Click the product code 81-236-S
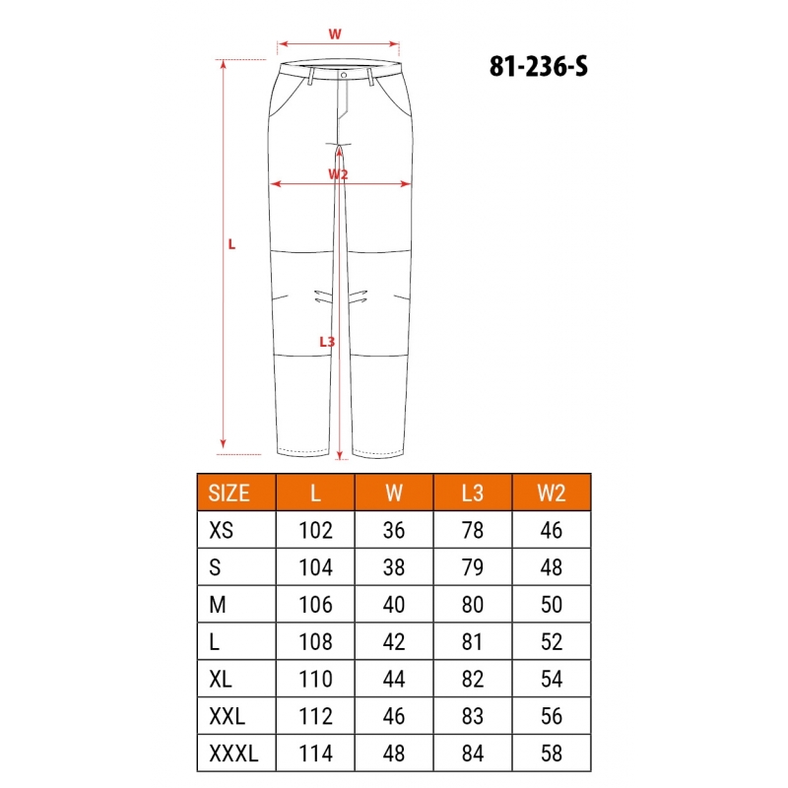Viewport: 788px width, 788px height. pyautogui.click(x=538, y=66)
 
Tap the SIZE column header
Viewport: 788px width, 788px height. pyautogui.click(x=229, y=493)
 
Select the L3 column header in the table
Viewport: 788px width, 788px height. pyautogui.click(x=473, y=493)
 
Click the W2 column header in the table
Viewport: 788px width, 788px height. pyautogui.click(x=552, y=493)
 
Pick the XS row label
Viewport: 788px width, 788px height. pyautogui.click(x=221, y=530)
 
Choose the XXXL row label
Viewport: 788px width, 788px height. pyautogui.click(x=233, y=754)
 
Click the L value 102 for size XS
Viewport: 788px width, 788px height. pyautogui.click(x=315, y=530)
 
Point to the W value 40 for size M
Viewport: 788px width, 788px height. pyautogui.click(x=394, y=605)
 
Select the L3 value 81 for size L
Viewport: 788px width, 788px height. pyautogui.click(x=473, y=642)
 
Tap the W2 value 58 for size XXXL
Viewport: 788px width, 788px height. pyautogui.click(x=552, y=754)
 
